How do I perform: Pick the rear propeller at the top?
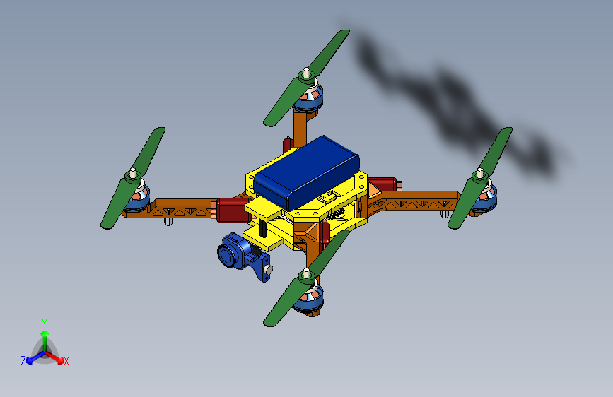click(x=307, y=78)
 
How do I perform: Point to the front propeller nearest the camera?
click(x=307, y=278)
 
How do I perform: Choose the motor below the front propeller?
click(x=309, y=300)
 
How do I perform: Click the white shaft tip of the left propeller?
click(x=132, y=172)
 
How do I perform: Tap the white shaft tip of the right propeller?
click(x=479, y=171)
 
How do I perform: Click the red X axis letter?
click(x=66, y=361)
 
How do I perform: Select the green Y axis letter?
click(x=44, y=321)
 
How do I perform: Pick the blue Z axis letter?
click(x=23, y=361)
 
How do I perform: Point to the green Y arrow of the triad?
click(x=45, y=336)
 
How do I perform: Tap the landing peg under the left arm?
click(x=168, y=221)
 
